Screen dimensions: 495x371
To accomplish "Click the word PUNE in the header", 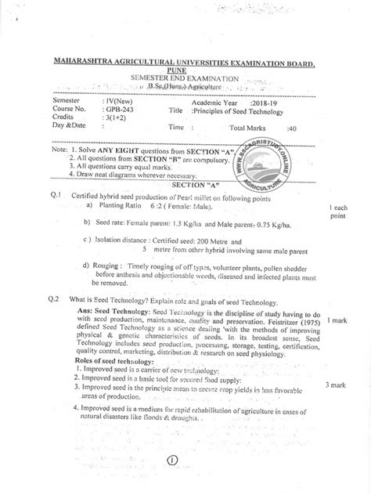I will [185, 70].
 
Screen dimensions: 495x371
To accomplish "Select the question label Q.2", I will [54, 299].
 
